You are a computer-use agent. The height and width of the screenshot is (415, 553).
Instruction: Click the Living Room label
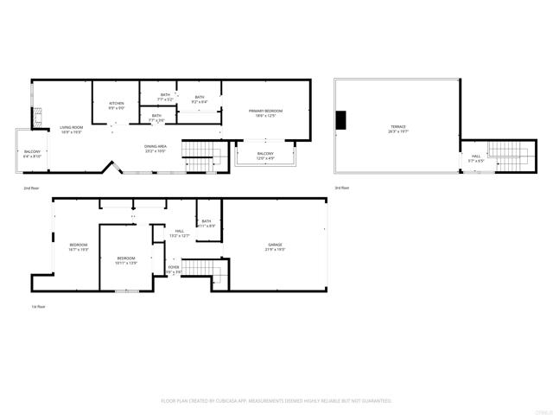coord(71,129)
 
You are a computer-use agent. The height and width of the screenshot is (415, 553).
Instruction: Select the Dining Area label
coord(156,148)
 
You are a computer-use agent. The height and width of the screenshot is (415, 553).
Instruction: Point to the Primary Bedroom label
coord(266,112)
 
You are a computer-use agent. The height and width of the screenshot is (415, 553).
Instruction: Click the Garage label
coord(275,246)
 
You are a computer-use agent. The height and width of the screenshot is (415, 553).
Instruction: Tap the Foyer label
coord(174,269)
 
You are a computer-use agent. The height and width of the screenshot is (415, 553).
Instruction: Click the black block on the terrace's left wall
coord(341,119)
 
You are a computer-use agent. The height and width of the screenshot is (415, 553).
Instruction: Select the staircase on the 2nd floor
coord(200,158)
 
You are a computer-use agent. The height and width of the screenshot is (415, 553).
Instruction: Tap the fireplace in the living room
coord(37,118)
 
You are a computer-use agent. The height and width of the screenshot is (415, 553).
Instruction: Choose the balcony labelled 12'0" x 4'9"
coord(265,156)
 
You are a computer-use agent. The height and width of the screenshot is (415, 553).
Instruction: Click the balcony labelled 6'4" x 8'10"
coord(32,153)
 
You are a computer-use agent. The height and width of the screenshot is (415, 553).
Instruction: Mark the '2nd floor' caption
coord(31,187)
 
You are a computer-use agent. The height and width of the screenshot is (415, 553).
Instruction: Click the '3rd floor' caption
coord(342,187)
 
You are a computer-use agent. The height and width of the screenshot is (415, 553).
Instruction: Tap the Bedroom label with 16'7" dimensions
coord(79,246)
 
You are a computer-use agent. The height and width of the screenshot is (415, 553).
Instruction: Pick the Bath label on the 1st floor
coord(207,223)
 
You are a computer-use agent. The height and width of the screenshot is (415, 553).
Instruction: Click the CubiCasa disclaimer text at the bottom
coord(276,400)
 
